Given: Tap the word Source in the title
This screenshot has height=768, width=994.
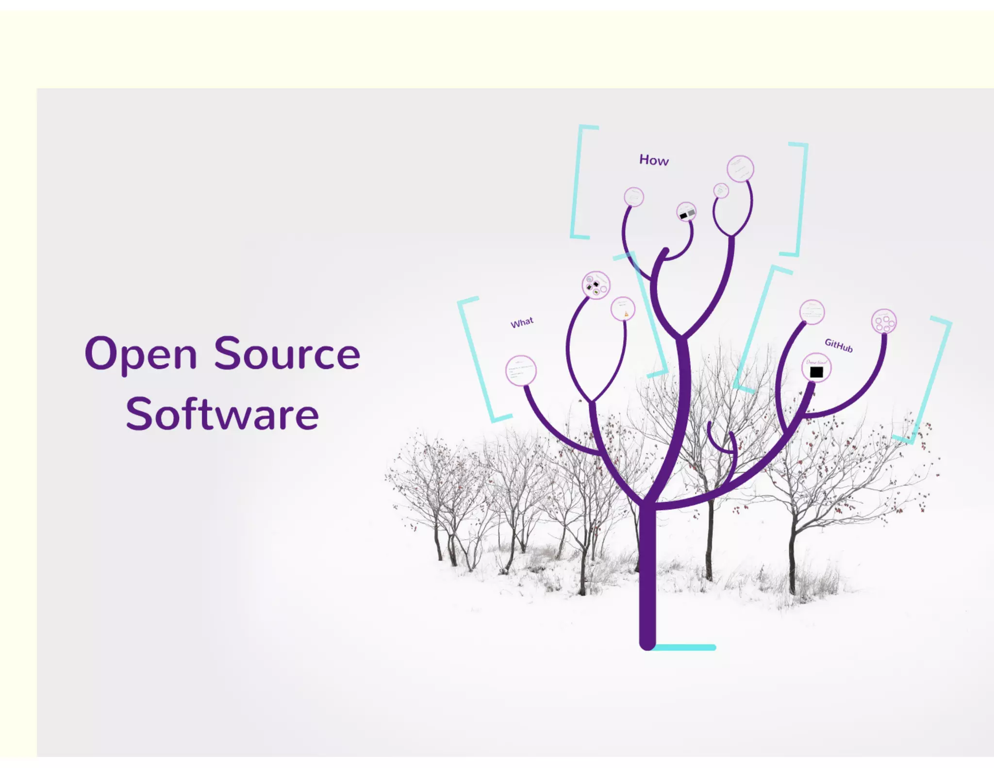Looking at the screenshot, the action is pyautogui.click(x=287, y=353).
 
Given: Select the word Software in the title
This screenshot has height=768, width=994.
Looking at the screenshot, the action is pyautogui.click(x=222, y=414).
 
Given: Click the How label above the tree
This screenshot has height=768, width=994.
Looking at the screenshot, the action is pyautogui.click(x=654, y=160).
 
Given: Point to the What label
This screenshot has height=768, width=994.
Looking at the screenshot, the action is pyautogui.click(x=522, y=323).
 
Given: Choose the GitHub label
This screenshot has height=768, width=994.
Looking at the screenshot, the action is pyautogui.click(x=838, y=345).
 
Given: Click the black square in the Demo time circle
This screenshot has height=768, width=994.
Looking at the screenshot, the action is pyautogui.click(x=816, y=372).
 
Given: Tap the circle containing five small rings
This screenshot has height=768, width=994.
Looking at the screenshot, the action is pyautogui.click(x=884, y=321).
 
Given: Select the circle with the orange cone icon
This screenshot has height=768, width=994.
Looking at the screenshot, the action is pyautogui.click(x=623, y=309).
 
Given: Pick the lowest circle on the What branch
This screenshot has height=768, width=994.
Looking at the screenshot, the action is pyautogui.click(x=521, y=371).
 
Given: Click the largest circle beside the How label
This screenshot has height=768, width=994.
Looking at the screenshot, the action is pyautogui.click(x=740, y=169).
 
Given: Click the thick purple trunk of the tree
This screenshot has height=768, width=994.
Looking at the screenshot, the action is pyautogui.click(x=647, y=573).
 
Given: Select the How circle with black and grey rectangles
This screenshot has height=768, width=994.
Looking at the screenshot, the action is pyautogui.click(x=686, y=212).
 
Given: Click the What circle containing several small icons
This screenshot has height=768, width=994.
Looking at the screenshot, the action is pyautogui.click(x=596, y=285).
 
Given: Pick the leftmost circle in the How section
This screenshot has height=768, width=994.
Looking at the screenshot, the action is pyautogui.click(x=633, y=197).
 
